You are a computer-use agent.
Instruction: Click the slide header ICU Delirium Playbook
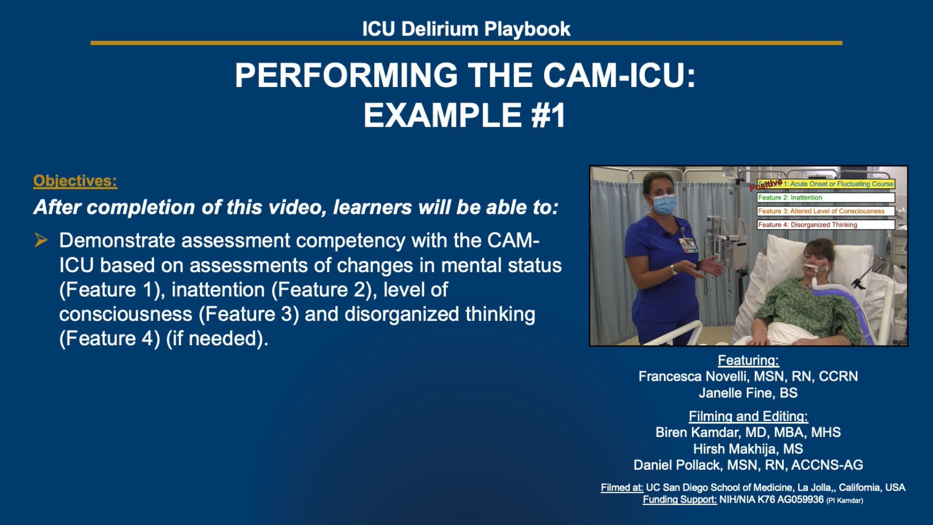[x=466, y=29]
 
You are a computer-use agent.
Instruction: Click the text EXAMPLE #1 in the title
[x=465, y=116]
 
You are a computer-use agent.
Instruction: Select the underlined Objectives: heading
[x=75, y=181]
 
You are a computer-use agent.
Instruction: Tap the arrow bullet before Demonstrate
[x=41, y=240]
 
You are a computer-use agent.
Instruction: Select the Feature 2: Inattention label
[x=790, y=198]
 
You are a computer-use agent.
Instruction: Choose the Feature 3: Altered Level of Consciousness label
[x=821, y=211]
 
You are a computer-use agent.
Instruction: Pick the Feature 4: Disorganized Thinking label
[x=808, y=225]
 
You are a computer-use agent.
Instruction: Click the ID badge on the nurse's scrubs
[x=689, y=245]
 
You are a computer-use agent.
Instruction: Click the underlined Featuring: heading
[x=748, y=360]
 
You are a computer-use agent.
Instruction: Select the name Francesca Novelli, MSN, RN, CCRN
[x=748, y=376]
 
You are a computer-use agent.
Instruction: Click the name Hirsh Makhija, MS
[x=748, y=449]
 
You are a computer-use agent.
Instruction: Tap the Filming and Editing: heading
[x=748, y=416]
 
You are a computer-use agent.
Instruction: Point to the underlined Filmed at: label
[x=622, y=488]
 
